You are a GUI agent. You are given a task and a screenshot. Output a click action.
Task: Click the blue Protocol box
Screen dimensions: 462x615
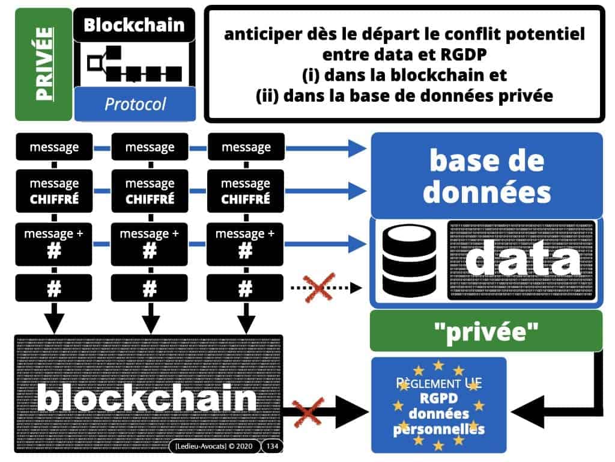click(135, 104)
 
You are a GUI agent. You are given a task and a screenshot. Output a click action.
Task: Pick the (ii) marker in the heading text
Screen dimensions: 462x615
click(266, 95)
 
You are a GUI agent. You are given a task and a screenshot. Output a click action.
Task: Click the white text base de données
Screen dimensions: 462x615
click(486, 176)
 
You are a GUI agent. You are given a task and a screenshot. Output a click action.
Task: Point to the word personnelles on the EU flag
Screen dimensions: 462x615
click(438, 428)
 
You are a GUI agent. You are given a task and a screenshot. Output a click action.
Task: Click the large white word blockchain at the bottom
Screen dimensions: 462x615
click(147, 398)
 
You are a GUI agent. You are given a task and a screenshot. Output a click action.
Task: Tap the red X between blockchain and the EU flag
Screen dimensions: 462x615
click(311, 413)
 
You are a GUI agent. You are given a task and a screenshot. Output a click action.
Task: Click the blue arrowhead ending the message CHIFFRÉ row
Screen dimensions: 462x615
click(358, 191)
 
